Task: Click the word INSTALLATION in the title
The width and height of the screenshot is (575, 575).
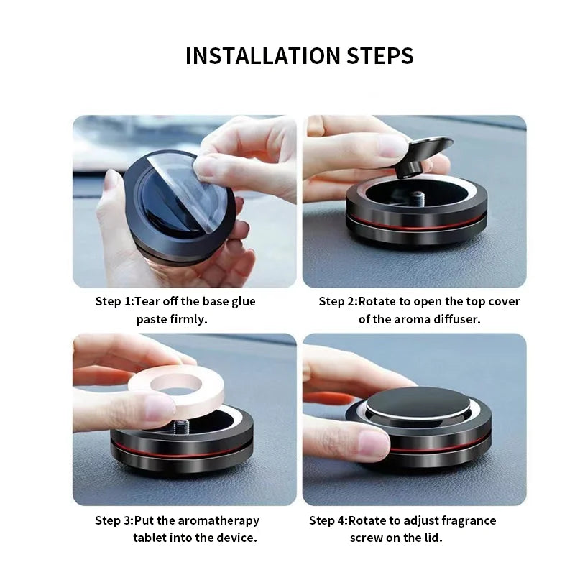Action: click(x=263, y=56)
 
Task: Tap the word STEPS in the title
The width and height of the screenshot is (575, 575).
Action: click(x=380, y=56)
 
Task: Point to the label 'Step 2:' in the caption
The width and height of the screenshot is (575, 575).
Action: click(x=338, y=302)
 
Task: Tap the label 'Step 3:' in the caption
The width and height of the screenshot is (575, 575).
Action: click(x=114, y=520)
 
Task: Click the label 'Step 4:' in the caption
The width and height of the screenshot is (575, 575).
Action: click(x=328, y=520)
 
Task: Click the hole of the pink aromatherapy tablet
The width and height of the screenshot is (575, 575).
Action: click(x=176, y=382)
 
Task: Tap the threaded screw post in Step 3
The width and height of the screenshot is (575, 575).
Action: click(x=180, y=427)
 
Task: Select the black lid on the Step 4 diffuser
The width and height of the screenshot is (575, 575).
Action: click(x=418, y=402)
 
